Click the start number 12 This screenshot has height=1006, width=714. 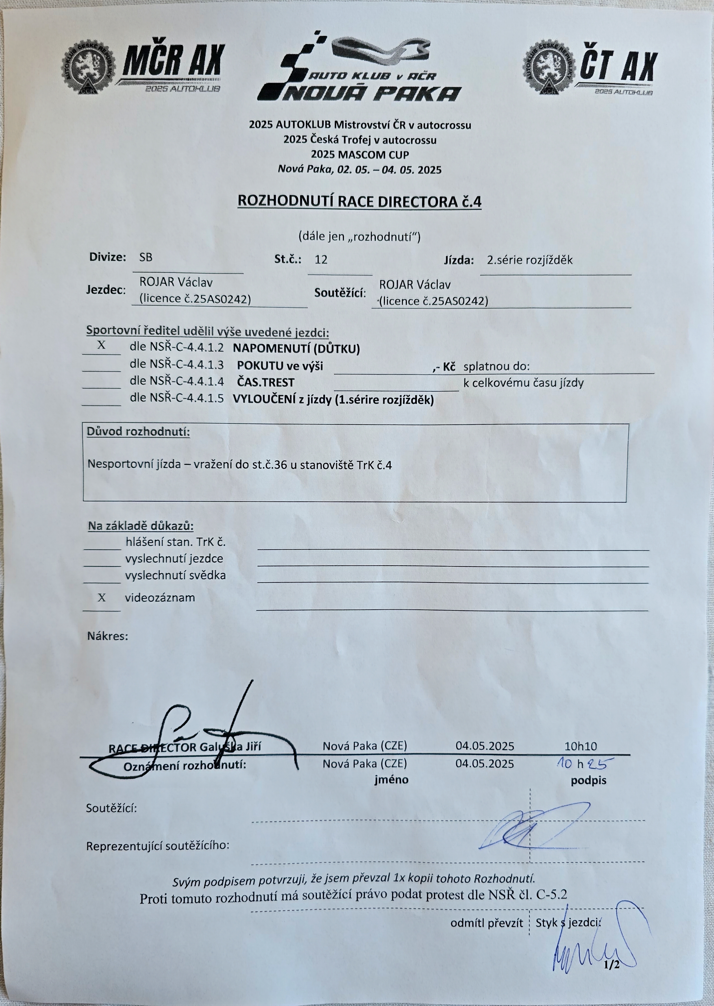click(x=321, y=259)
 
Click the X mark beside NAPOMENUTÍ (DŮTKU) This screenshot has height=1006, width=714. click(x=101, y=345)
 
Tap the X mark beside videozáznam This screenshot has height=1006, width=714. click(x=101, y=597)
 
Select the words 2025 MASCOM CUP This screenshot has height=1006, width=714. click(x=360, y=155)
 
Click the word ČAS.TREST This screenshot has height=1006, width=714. click(x=266, y=382)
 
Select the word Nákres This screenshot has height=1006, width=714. click(x=108, y=636)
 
